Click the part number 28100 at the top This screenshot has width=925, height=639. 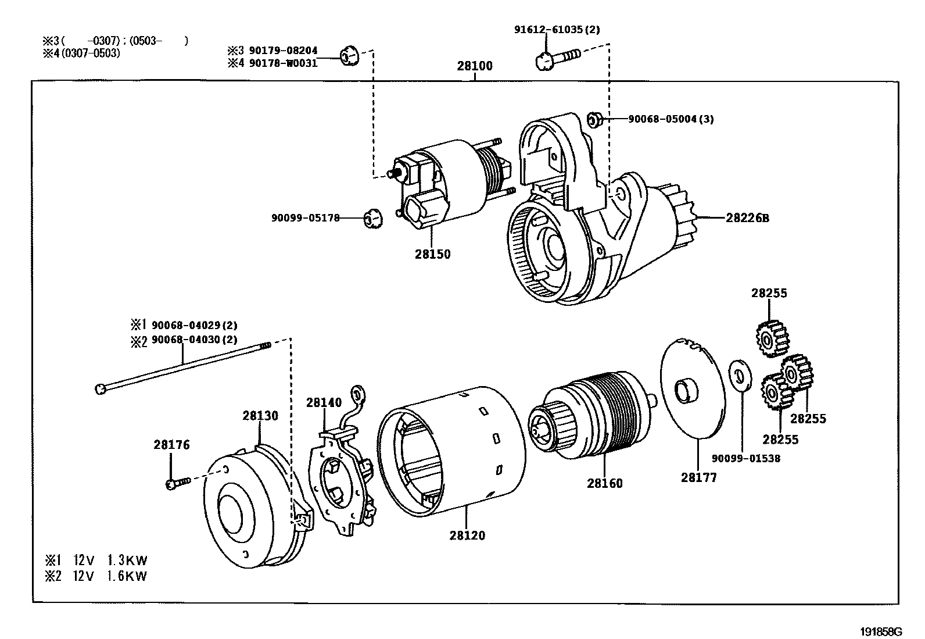474,66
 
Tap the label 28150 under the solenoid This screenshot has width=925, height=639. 432,254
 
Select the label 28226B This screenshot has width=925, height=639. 747,218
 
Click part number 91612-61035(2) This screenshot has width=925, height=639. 548,29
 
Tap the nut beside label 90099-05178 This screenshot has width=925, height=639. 372,219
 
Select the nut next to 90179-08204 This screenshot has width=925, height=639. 349,56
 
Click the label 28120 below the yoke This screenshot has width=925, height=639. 467,535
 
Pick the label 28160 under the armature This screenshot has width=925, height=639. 604,483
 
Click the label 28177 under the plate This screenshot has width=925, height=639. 699,477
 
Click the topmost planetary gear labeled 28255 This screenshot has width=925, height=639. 771,339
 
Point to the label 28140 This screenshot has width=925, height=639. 324,402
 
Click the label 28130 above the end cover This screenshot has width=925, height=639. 260,416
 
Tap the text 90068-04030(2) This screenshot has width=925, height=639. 194,340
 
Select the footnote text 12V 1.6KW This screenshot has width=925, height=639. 110,576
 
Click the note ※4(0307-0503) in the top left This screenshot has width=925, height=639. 81,53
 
